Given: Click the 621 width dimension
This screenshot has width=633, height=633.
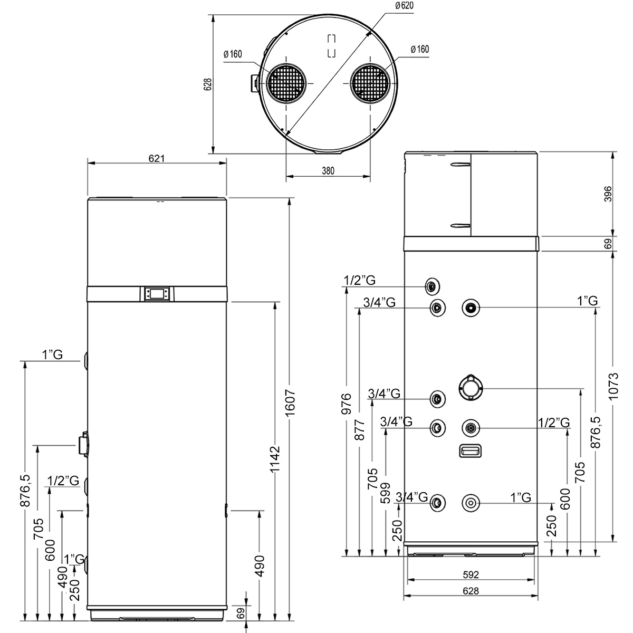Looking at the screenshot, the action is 156,159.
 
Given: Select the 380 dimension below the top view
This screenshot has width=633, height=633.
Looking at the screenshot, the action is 328,171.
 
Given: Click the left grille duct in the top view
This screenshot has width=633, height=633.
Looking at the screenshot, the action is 286,83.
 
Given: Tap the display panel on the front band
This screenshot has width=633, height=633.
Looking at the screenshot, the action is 157,293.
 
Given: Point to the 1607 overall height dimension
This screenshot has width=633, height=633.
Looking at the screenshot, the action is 290,402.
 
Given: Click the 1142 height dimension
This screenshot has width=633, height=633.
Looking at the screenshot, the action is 275,459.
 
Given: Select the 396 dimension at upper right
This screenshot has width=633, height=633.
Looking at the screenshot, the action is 608,194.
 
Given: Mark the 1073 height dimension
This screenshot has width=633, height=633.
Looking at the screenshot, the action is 613,386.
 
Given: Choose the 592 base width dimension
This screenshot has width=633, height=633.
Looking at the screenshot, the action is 471,574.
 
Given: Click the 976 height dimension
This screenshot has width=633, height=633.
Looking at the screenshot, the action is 347,404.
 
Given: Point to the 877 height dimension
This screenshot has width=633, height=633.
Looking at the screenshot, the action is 360,430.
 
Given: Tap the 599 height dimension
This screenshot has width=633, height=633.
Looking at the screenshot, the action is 385,493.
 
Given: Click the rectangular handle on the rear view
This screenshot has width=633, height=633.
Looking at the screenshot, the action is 471,450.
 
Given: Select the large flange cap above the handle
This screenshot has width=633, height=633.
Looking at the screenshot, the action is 471,388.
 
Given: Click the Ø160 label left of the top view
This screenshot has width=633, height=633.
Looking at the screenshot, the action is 233,54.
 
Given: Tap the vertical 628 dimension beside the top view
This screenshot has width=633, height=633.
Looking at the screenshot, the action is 208,84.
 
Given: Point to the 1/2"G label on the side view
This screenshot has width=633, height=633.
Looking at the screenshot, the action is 63,481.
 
